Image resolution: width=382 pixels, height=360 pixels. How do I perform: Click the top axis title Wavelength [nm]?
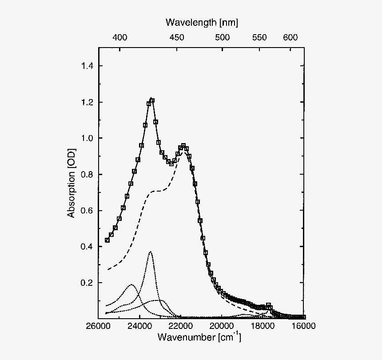click(202, 22)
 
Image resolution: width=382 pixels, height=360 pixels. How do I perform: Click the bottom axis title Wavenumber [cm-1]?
click(199, 337)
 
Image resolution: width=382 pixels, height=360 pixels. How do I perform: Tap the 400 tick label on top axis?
click(120, 38)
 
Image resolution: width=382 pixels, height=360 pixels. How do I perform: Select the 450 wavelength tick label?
click(177, 38)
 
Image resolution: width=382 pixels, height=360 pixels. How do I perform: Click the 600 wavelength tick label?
click(290, 38)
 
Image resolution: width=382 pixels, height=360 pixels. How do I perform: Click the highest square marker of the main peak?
click(152, 100)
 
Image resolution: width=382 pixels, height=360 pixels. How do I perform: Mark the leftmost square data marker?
click(107, 240)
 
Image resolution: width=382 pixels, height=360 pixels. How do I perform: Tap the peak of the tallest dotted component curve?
click(151, 252)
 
